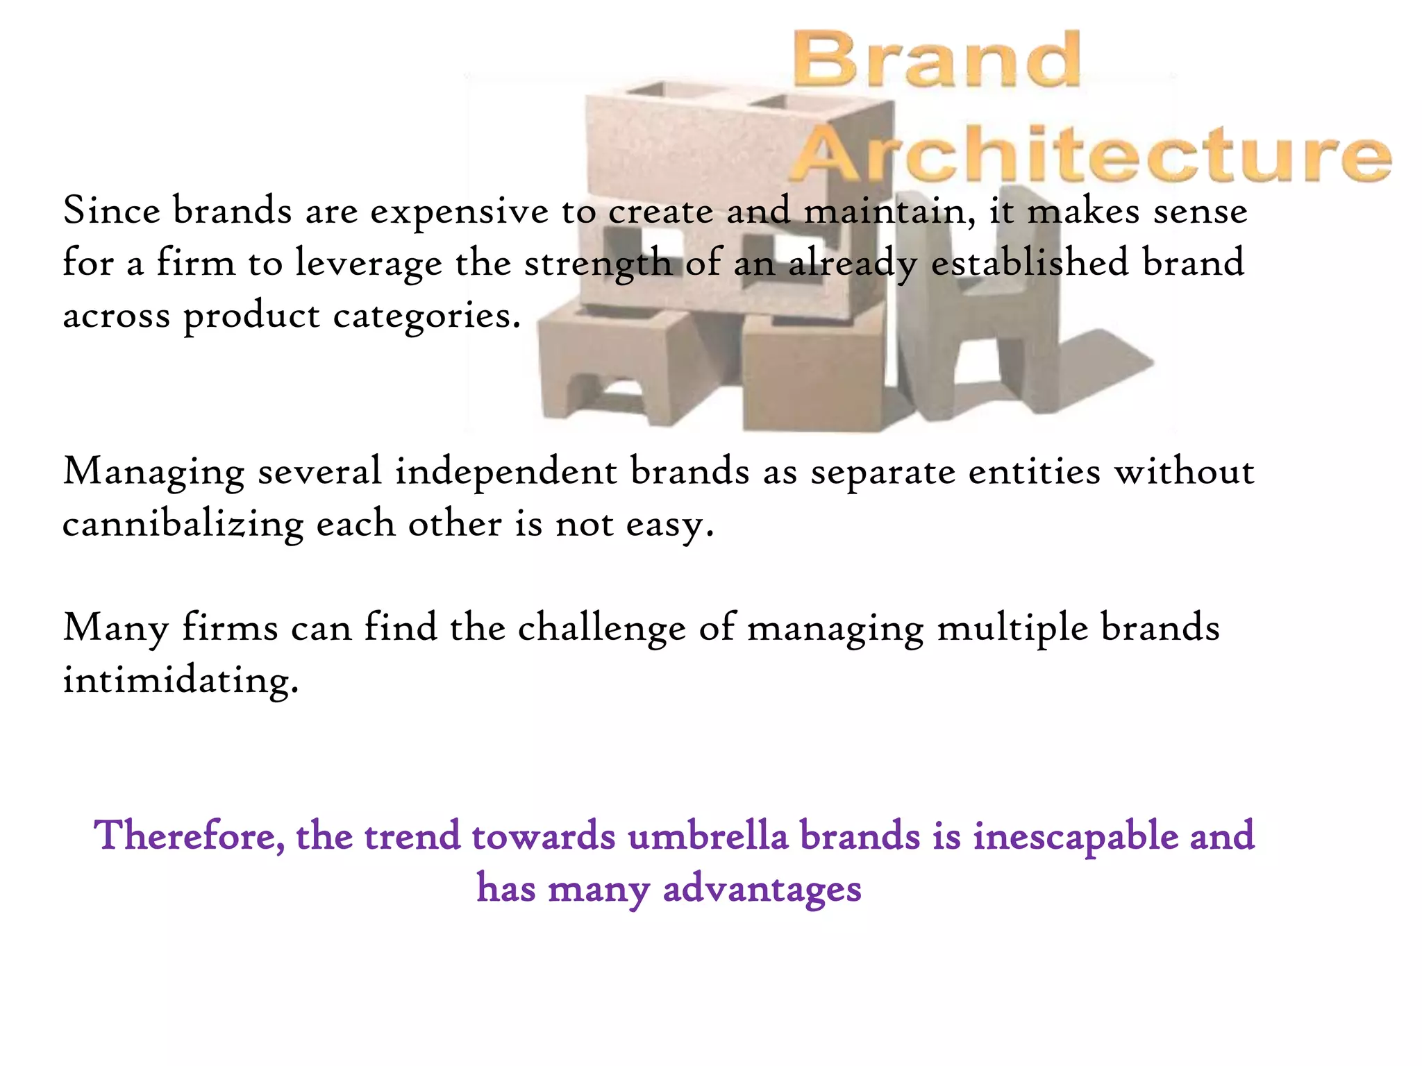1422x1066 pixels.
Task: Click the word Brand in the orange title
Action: tap(936, 60)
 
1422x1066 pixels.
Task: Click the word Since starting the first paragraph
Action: tap(111, 210)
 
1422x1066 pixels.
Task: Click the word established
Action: tap(1030, 263)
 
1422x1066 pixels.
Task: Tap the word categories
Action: tap(426, 316)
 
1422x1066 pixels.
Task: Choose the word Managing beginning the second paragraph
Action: tap(153, 473)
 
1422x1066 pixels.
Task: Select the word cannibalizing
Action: tap(183, 525)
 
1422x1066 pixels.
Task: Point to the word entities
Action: tap(1035, 471)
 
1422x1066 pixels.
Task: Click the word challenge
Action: tap(602, 629)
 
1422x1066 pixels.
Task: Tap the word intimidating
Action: tap(180, 680)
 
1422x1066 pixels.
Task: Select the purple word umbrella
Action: tap(708, 836)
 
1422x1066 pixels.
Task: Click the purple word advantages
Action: tap(762, 889)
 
